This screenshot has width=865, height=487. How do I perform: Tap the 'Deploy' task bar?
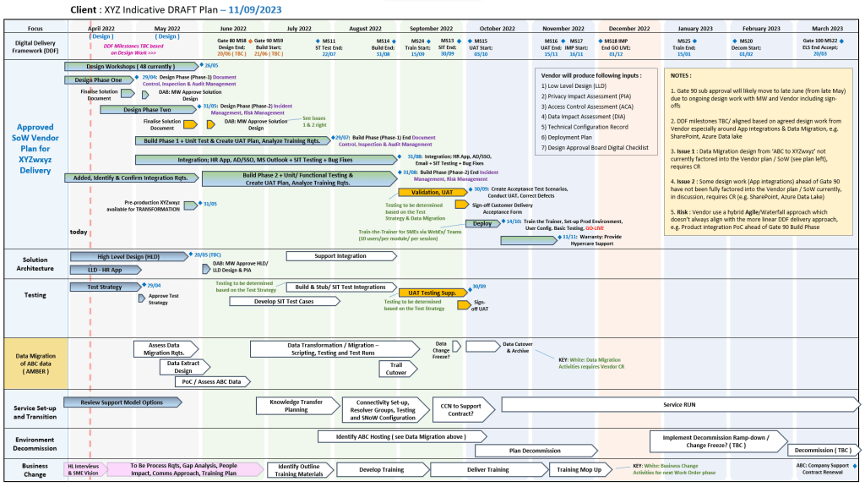(x=482, y=223)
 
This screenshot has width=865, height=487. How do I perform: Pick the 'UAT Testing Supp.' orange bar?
(x=432, y=293)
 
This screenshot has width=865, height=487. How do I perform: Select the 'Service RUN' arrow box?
(x=678, y=405)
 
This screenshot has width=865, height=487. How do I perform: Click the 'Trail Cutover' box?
(x=397, y=369)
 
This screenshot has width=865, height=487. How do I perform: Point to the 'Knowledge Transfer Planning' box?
(x=296, y=406)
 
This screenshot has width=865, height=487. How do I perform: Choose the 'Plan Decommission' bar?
(x=535, y=451)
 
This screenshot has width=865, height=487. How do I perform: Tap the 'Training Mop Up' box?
(x=579, y=470)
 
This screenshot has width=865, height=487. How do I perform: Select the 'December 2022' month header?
(x=628, y=29)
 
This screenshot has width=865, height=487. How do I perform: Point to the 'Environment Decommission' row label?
(x=35, y=443)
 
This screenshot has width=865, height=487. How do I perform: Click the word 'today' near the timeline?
(x=79, y=231)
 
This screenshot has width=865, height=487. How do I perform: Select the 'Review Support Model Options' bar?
(x=122, y=402)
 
